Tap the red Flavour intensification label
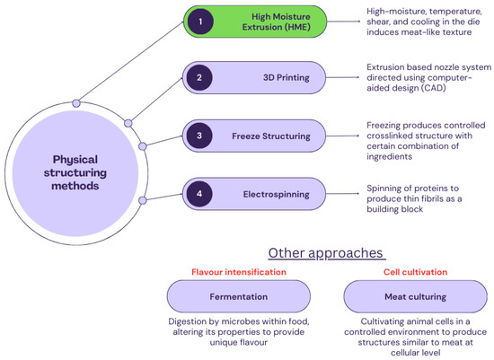click(238, 270)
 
